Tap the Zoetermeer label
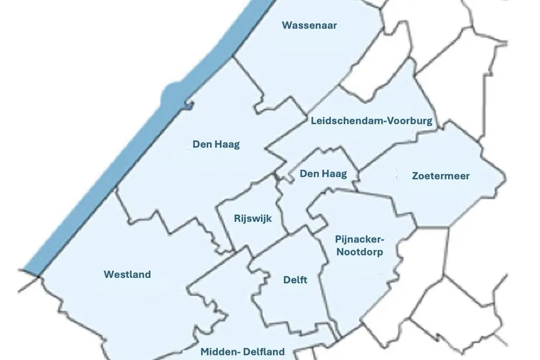pyautogui.click(x=441, y=175)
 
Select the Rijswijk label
pyautogui.click(x=252, y=218)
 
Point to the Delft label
pyautogui.click(x=295, y=280)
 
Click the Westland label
pyautogui.click(x=127, y=275)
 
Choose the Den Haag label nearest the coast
pyautogui.click(x=216, y=144)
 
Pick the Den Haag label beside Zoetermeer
pyautogui.click(x=323, y=173)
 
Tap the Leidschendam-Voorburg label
pyautogui.click(x=372, y=121)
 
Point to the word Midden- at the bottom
pyautogui.click(x=220, y=352)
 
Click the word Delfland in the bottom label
pyautogui.click(x=263, y=352)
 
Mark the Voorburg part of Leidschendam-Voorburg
pyautogui.click(x=410, y=121)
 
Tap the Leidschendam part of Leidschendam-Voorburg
pyautogui.click(x=346, y=121)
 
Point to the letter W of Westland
pyautogui.click(x=108, y=275)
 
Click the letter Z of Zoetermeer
pyautogui.click(x=415, y=175)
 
